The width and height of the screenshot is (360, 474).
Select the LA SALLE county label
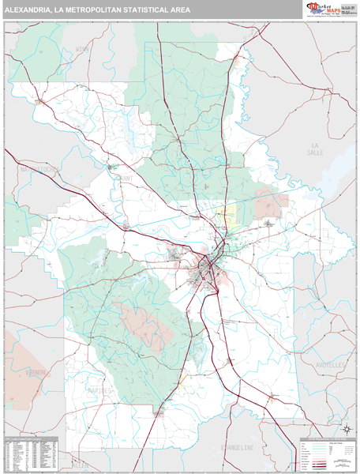pos(317,151)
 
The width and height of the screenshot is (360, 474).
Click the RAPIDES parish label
pos(101,390)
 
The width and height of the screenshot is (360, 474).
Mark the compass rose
pos(345,430)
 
